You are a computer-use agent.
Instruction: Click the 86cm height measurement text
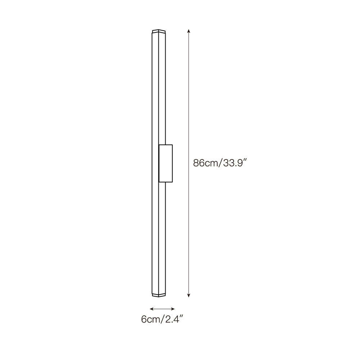tap(205, 163)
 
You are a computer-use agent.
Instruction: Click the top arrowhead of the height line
tap(189, 31)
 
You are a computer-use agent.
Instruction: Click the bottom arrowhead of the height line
tap(189, 296)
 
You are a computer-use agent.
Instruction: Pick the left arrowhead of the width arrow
tap(152, 309)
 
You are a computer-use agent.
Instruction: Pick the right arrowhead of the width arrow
tap(173, 309)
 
